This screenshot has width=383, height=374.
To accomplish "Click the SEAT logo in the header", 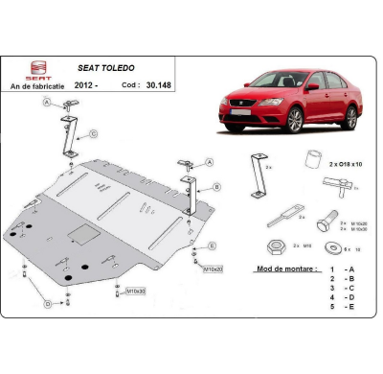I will point(37,68).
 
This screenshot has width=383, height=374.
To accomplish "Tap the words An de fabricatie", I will point(37,85).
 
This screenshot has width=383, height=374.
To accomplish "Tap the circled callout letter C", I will point(93,134).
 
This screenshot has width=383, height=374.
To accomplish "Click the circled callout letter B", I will point(217,187).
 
